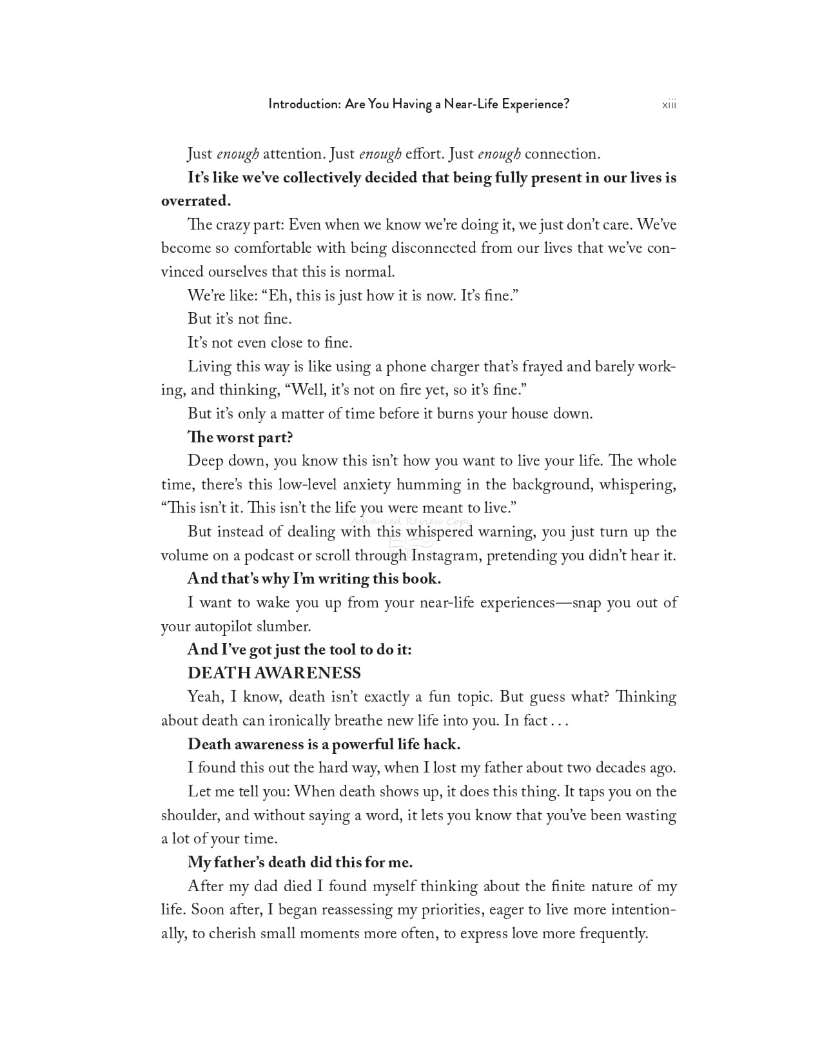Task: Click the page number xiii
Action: tap(669, 104)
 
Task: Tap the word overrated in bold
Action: tap(195, 201)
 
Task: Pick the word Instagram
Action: tap(446, 556)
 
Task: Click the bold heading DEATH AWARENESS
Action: tap(274, 673)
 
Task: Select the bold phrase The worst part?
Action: tap(240, 437)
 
